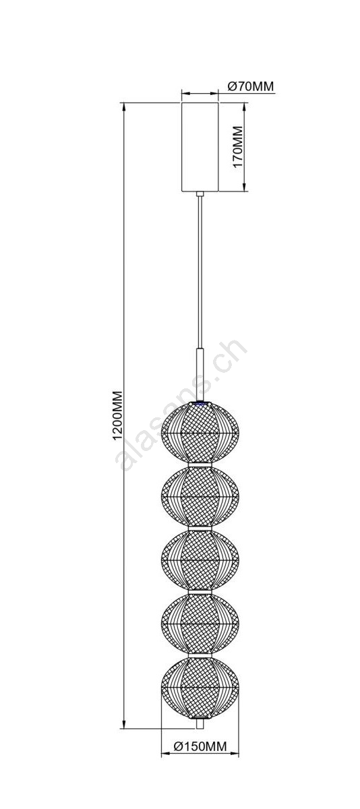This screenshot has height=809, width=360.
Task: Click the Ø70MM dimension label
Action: click(251, 86)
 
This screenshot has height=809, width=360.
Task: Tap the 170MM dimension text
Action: click(238, 147)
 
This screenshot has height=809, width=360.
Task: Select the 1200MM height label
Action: click(118, 416)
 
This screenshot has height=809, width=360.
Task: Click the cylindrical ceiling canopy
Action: click(200, 147)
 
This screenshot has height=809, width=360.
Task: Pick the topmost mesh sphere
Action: click(200, 432)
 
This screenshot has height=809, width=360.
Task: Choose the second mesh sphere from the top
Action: click(200, 497)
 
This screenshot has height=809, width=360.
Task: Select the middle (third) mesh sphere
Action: click(200, 560)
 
